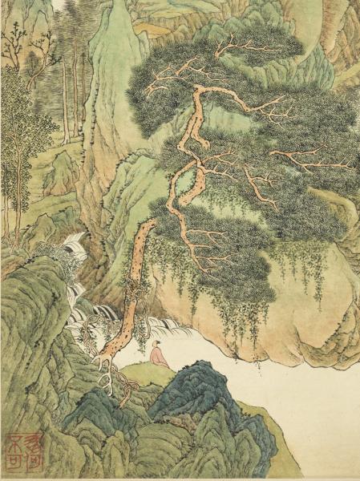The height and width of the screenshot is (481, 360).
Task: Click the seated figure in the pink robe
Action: tap(160, 355)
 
